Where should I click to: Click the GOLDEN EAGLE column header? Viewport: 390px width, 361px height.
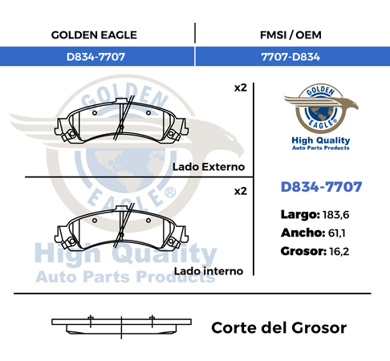94,35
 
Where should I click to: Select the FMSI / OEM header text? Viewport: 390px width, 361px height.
290,35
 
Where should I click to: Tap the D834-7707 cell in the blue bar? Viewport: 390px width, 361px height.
95,57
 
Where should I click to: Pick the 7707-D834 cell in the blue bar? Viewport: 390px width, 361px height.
290,57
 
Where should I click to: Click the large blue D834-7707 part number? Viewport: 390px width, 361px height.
321,187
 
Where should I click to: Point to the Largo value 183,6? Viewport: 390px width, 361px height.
335,215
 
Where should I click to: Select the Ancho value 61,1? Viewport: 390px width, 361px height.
336,233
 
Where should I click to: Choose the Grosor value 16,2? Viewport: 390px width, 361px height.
339,251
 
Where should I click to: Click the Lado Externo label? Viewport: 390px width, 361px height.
209,167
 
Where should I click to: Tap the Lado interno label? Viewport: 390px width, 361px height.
209,271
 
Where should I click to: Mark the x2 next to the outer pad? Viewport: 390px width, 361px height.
241,87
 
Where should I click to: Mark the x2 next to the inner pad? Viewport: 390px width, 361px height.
241,191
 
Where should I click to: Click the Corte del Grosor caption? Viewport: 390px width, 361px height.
279,328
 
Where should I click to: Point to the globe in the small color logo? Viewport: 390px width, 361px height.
321,113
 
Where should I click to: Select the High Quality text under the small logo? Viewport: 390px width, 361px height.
321,140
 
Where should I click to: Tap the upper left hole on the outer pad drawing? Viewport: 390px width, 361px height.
95,113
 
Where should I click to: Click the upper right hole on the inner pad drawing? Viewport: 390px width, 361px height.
148,221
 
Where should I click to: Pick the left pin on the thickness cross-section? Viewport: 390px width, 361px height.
91,321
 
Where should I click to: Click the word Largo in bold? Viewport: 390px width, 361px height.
300,215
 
